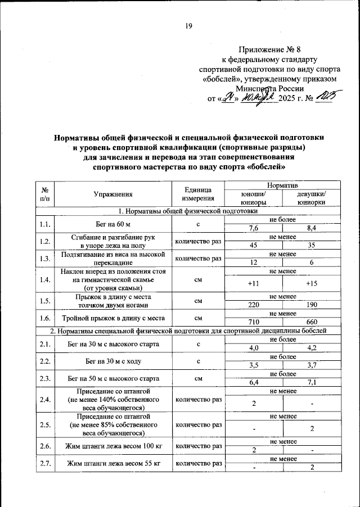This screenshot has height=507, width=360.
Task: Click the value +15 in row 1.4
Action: click(x=312, y=283)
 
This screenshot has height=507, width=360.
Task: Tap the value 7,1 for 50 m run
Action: click(x=312, y=383)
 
